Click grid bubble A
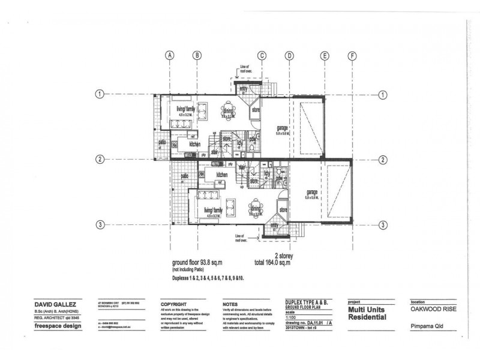[x=170, y=55]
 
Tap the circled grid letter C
[x=262, y=55]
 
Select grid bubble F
[x=352, y=55]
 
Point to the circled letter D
[x=289, y=55]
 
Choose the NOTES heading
[x=230, y=304]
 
